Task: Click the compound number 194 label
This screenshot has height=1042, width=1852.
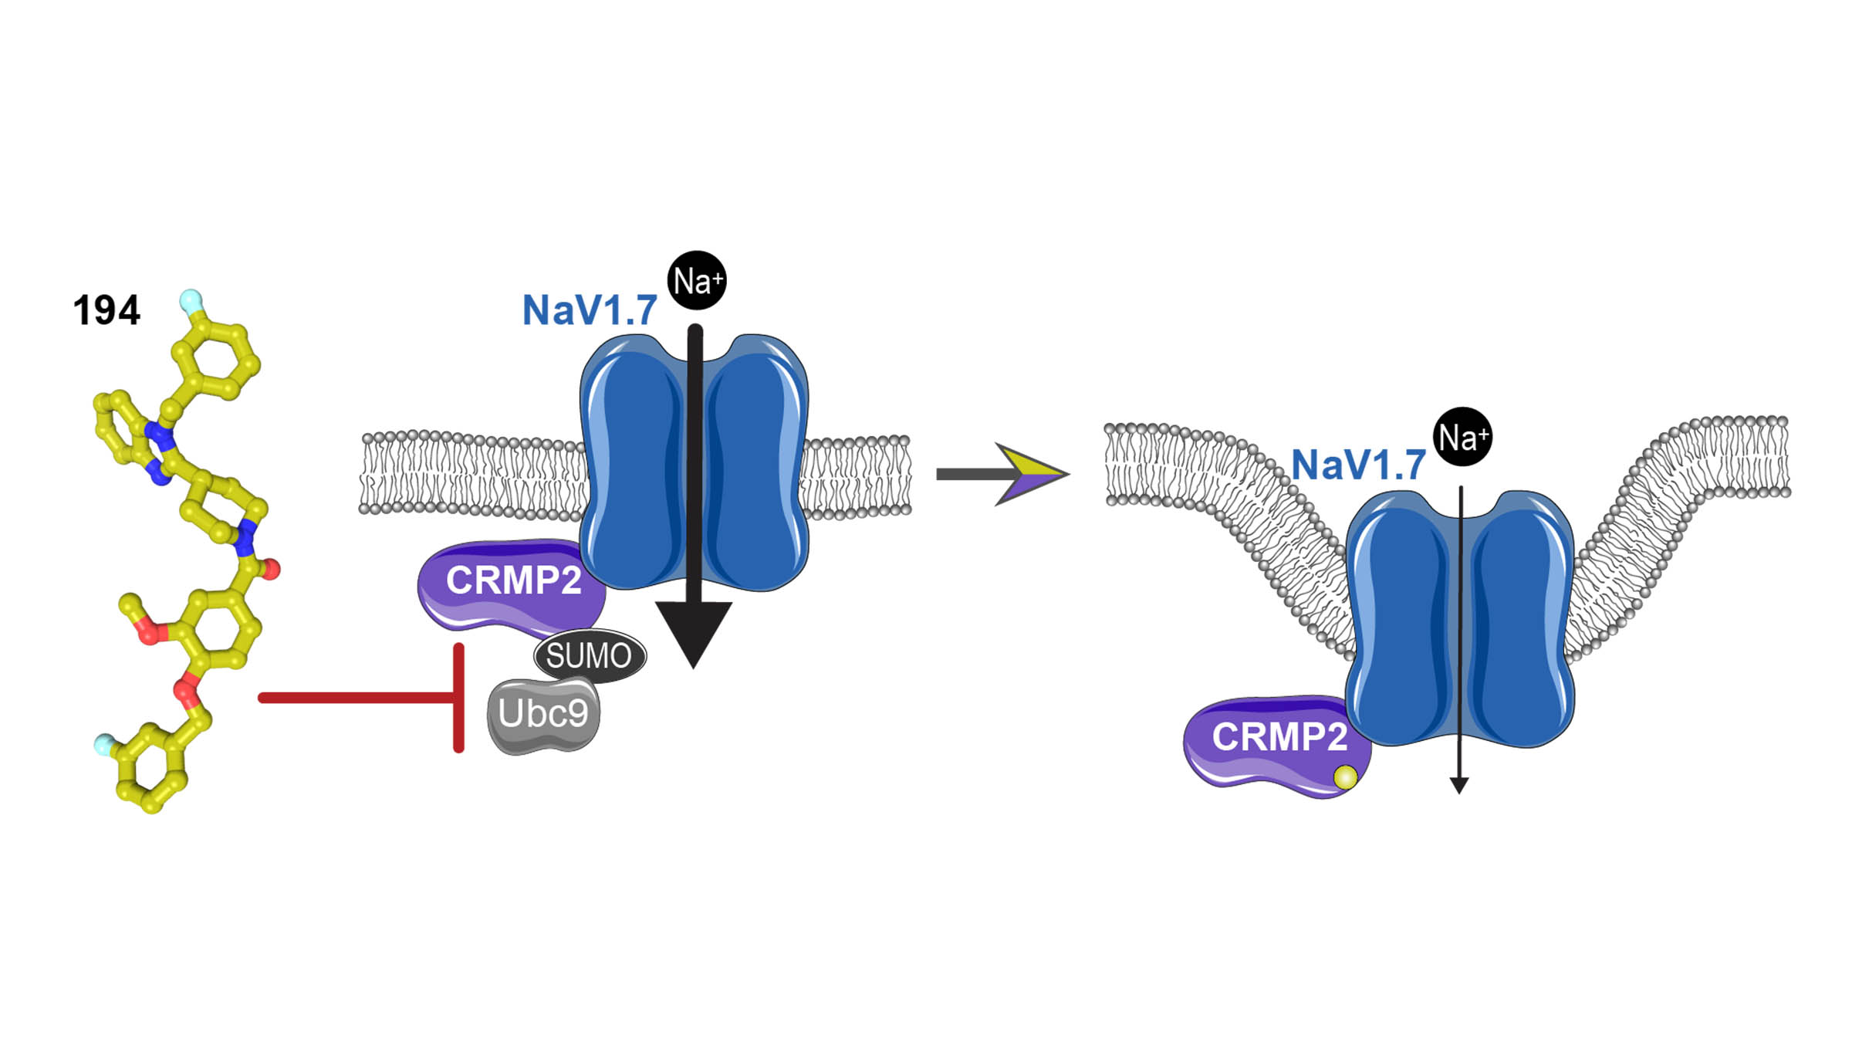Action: [106, 310]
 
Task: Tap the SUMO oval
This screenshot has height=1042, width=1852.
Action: [590, 656]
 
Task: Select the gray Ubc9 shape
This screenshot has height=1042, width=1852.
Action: [543, 714]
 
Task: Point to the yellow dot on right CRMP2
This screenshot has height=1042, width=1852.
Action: [1345, 777]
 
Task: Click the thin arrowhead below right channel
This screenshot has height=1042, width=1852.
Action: [1458, 785]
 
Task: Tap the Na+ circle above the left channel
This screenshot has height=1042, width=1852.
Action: [697, 280]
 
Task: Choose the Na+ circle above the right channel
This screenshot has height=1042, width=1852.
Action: [1462, 437]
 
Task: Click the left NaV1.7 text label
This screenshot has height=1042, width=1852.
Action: [590, 310]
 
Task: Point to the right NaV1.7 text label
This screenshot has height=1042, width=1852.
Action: [1358, 465]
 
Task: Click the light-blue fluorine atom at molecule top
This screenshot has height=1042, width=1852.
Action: [190, 299]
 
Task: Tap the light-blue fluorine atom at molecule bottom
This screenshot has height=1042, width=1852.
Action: [103, 745]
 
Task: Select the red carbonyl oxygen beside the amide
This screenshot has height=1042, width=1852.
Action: [271, 570]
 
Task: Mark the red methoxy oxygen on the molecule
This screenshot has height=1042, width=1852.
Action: [148, 634]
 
